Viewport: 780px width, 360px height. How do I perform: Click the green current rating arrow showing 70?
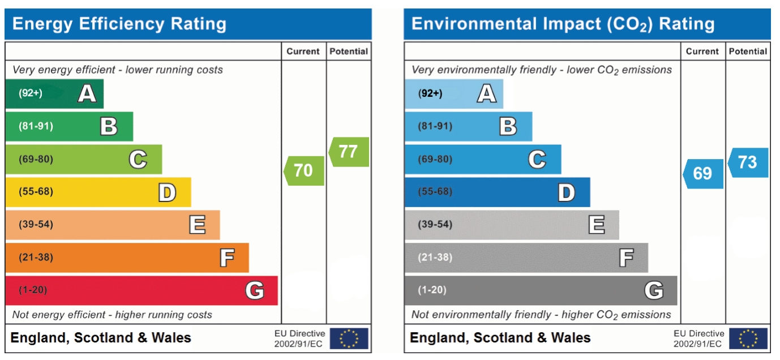coord(305,170)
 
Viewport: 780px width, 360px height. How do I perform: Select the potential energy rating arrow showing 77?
coord(349,152)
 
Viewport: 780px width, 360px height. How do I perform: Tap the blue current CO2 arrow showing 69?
coord(703,173)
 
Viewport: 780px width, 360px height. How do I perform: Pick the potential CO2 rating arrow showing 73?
coord(748,162)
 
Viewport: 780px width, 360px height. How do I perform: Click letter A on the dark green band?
coord(87,93)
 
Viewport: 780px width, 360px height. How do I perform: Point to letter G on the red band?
coord(255,291)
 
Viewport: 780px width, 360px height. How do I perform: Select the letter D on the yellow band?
coord(167,192)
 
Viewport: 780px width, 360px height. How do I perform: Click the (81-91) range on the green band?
coord(36,126)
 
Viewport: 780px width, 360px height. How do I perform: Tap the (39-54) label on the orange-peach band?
coord(36,225)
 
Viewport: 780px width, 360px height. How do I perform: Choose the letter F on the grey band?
coord(626,258)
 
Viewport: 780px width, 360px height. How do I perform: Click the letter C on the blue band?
coord(537,160)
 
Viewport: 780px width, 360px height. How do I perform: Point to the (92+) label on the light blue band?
coord(430,93)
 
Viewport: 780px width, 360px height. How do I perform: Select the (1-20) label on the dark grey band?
coord(432,290)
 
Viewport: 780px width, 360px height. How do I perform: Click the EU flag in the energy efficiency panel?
coord(349,338)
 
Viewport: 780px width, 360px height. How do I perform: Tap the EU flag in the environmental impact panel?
coord(748,338)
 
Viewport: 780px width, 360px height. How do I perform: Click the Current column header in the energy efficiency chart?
coord(303,52)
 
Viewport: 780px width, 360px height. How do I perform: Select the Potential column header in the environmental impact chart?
coord(748,52)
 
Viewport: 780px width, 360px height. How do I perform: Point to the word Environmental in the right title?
coord(471,24)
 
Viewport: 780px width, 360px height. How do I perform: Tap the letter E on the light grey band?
coord(597,225)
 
